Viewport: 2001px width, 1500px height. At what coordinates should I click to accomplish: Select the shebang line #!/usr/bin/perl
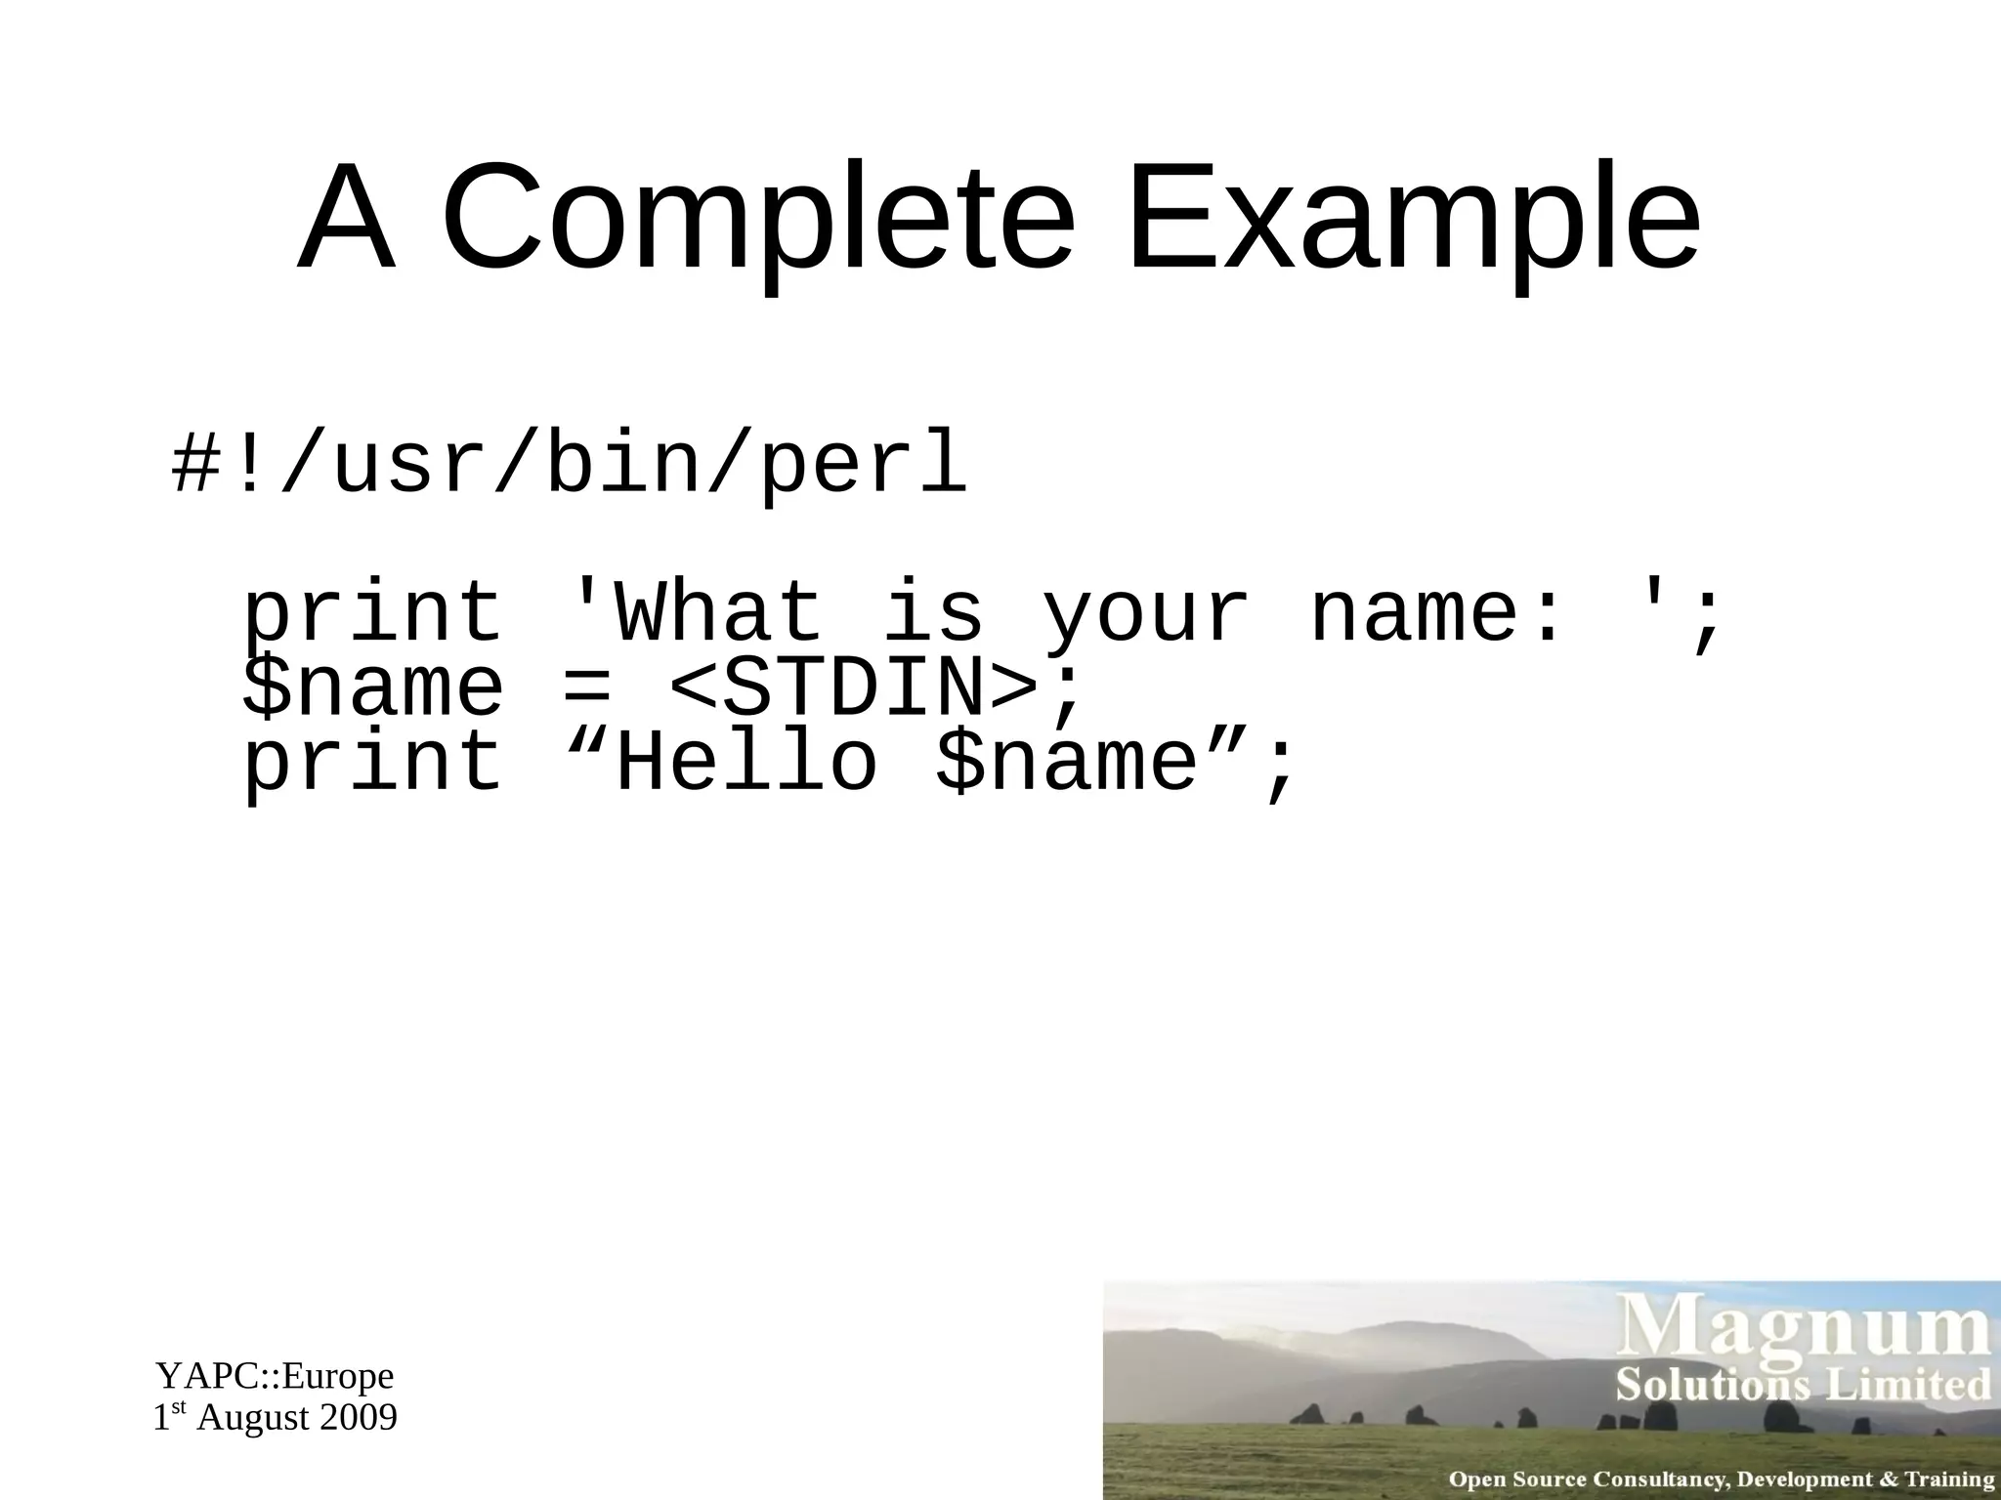tap(570, 465)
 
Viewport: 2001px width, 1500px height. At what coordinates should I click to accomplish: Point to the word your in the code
tap(1145, 612)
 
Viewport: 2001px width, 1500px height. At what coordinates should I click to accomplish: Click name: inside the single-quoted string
tap(1436, 612)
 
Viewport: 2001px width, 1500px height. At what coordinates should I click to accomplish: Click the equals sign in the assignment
tap(586, 688)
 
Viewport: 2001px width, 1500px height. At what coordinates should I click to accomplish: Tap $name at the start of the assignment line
tap(373, 688)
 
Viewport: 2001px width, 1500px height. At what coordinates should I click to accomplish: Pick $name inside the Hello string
tap(1067, 764)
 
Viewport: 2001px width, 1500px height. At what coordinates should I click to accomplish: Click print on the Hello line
tap(373, 764)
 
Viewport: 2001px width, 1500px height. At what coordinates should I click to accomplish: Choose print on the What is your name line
tap(373, 612)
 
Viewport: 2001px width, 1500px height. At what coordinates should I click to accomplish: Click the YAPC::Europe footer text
tap(275, 1376)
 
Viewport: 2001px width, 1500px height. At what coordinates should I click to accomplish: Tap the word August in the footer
tap(253, 1418)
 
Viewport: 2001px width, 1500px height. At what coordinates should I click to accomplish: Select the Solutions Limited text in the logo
tap(1803, 1386)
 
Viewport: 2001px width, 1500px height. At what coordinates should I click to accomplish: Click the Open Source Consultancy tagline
tap(1721, 1479)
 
